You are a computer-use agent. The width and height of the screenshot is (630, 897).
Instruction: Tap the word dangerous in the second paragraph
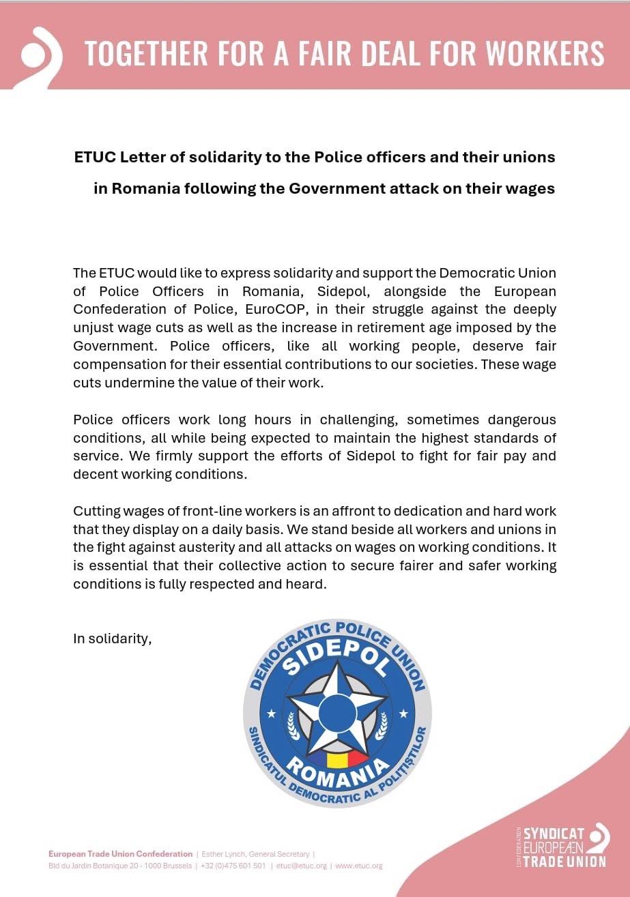[513, 419]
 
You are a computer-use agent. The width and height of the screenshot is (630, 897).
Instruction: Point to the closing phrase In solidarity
[112, 639]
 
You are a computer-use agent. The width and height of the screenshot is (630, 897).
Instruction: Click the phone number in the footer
[233, 866]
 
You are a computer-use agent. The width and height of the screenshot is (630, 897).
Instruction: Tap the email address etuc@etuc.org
[302, 866]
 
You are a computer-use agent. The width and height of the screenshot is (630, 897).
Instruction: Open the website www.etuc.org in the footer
[359, 866]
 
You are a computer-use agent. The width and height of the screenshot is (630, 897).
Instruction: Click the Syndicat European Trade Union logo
[563, 847]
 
